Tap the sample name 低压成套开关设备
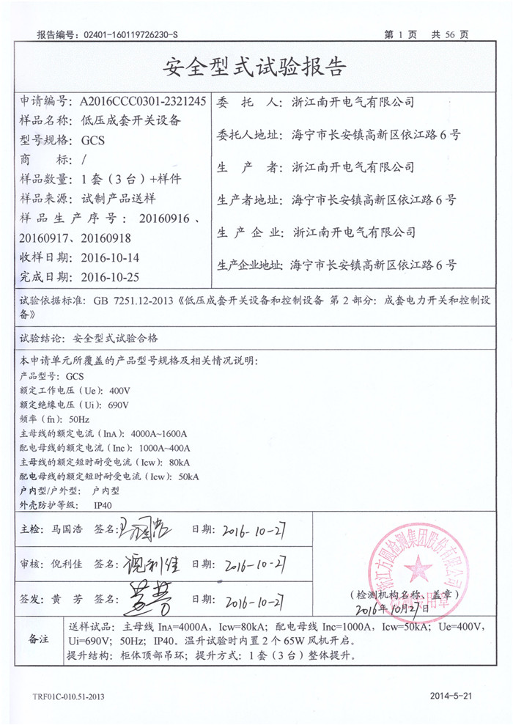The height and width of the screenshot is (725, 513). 129,121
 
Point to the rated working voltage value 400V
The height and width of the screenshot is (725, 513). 118,390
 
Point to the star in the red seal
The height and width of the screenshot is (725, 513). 419,567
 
